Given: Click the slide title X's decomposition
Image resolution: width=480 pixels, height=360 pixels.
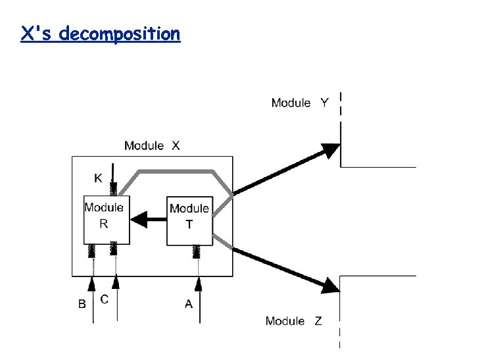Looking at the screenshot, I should coord(100,34).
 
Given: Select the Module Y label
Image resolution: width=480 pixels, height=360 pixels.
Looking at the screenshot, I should coord(300,103).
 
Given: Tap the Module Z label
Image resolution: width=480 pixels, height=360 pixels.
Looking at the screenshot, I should coord(294,321).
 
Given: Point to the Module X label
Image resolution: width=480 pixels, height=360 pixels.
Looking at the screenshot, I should coord(151,145).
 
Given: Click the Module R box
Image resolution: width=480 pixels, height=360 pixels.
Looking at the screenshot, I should coord(106,219).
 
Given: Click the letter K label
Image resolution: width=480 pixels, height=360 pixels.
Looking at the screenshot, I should coord(98,178).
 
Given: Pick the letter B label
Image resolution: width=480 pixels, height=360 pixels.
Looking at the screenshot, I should coord(83,304).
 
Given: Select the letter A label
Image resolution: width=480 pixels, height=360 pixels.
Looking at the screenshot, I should coord(189,304).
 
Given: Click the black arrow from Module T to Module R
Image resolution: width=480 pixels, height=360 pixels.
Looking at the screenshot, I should coord(147,220).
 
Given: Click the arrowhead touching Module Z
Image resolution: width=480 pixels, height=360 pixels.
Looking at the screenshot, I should coord(331,284).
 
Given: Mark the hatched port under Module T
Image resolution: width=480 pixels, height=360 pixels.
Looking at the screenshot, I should coord(197,252).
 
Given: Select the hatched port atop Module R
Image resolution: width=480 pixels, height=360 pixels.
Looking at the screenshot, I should coord(114,190).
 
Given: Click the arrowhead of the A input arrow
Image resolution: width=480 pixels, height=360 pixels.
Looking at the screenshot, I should coord(197,284).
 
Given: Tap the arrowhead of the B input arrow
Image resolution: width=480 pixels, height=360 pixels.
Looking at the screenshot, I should coord(93,284).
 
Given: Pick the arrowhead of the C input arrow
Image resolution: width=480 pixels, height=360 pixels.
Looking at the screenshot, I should coord(116,282).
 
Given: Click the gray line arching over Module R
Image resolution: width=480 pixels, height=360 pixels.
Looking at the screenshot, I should coord(174,171).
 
